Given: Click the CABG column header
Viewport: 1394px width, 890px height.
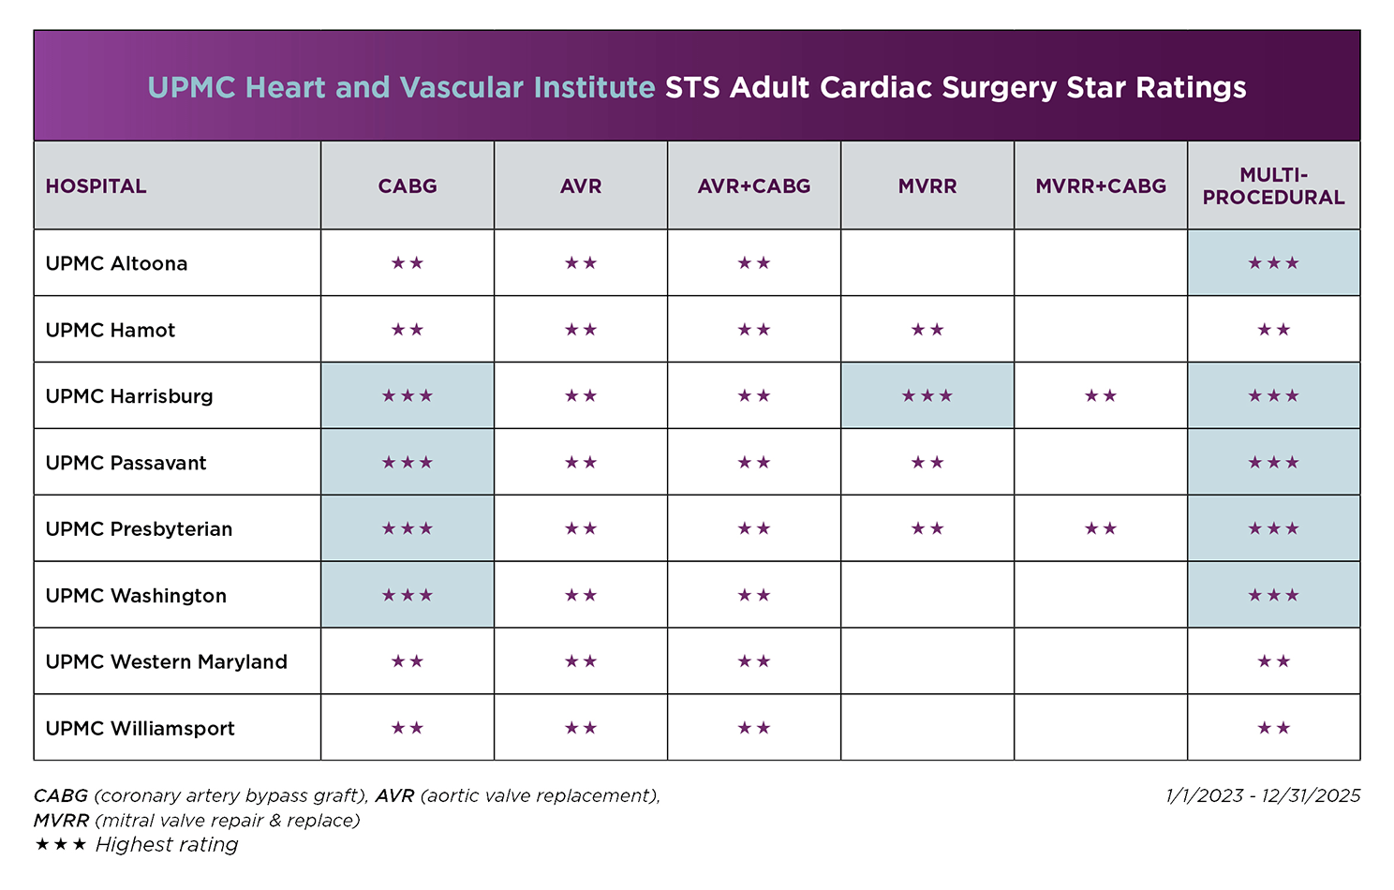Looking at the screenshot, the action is click(x=407, y=186).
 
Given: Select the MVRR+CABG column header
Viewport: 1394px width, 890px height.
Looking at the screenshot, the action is click(x=1100, y=186).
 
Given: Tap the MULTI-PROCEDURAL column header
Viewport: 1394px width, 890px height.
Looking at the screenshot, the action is click(x=1273, y=186).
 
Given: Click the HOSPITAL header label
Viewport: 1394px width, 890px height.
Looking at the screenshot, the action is click(x=96, y=186).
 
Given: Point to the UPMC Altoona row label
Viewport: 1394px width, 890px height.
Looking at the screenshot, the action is click(x=116, y=263).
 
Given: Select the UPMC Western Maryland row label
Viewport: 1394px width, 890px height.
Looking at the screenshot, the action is click(x=166, y=661).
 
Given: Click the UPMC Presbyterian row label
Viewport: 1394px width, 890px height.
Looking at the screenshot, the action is click(x=139, y=529).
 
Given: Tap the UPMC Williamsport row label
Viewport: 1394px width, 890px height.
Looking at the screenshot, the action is click(x=140, y=728).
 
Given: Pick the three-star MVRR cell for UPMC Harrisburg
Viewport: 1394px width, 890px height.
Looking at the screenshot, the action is click(x=927, y=396).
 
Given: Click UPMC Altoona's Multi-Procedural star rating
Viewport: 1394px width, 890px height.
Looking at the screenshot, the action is click(x=1273, y=263).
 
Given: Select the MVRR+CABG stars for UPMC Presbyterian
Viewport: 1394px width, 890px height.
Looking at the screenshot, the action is click(x=1100, y=529).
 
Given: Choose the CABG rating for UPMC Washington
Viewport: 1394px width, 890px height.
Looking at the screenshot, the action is click(x=407, y=596).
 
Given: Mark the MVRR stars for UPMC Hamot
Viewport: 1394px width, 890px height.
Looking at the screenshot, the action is click(x=927, y=330).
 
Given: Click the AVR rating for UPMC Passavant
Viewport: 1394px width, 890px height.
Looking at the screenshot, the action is click(x=581, y=463).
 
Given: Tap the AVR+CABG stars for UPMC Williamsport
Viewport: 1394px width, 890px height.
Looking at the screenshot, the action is click(x=753, y=728).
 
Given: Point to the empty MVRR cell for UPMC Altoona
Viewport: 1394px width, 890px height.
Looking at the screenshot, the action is click(x=927, y=262).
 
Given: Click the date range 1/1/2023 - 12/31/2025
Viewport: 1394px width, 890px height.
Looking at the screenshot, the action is click(x=1263, y=795).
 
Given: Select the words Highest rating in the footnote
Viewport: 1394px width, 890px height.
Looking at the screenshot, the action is click(x=167, y=845).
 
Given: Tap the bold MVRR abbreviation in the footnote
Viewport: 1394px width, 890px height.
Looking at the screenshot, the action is click(x=61, y=821).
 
